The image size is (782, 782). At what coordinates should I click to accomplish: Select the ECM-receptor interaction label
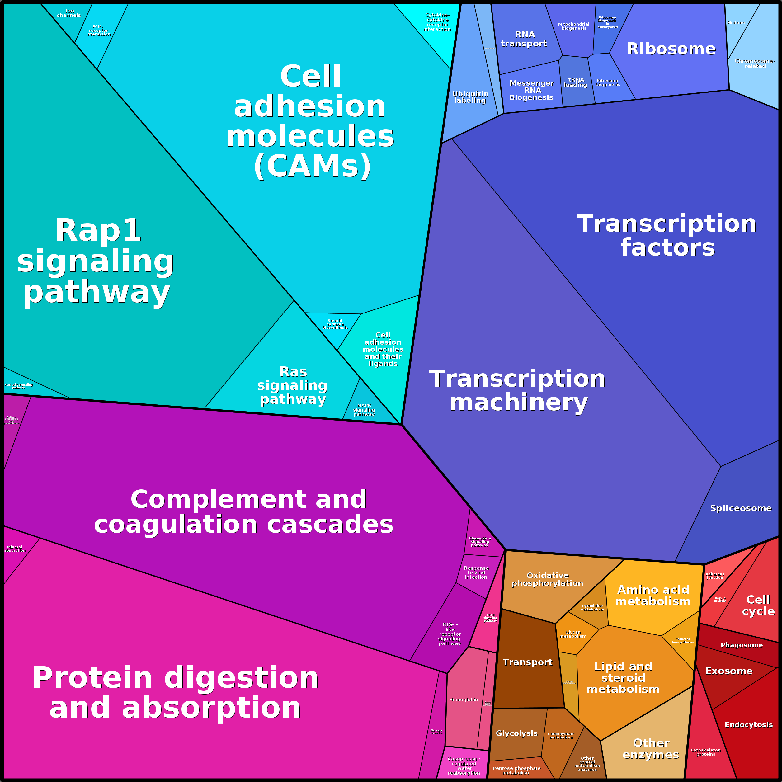point(98,31)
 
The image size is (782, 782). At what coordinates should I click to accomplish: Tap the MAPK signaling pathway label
point(364,410)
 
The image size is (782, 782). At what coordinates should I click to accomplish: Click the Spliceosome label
point(740,508)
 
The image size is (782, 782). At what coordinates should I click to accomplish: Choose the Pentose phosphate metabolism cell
point(516,770)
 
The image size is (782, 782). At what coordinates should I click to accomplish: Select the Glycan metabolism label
point(573,634)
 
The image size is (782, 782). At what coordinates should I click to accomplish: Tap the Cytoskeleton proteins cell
point(705,752)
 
